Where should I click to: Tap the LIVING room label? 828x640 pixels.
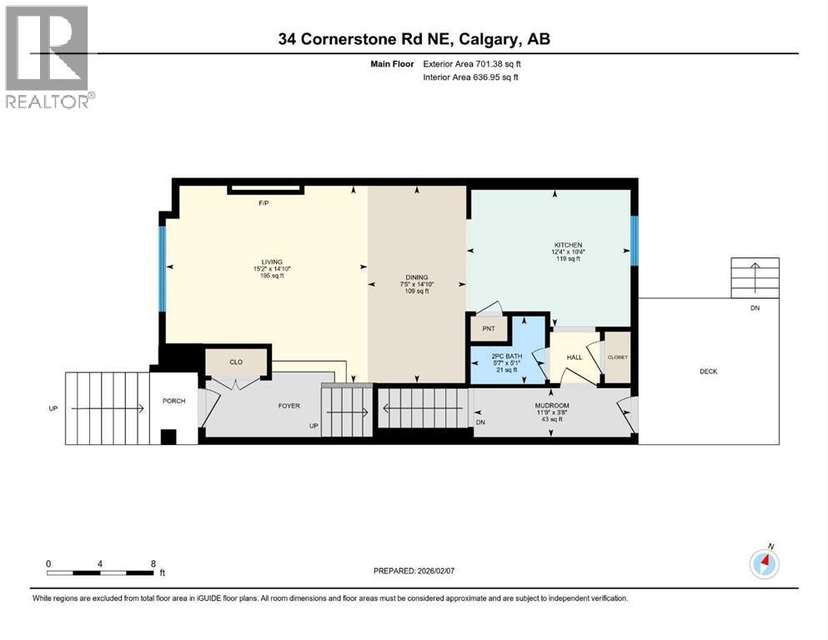click(x=268, y=261)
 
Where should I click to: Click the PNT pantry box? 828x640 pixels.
click(x=489, y=328)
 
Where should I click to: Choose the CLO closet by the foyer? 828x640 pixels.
click(x=237, y=362)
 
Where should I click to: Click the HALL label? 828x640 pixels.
click(x=574, y=357)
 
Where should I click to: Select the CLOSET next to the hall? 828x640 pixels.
click(x=616, y=357)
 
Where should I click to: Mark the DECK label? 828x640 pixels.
click(x=709, y=371)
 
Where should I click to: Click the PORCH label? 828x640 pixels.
click(x=173, y=401)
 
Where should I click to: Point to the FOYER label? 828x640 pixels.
click(x=289, y=406)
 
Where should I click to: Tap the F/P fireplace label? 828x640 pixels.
click(x=264, y=202)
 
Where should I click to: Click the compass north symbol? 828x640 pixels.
click(x=765, y=563)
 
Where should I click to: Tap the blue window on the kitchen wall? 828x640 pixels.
click(x=634, y=241)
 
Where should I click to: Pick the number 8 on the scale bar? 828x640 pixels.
click(x=153, y=563)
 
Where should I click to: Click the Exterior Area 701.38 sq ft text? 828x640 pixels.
click(x=474, y=63)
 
